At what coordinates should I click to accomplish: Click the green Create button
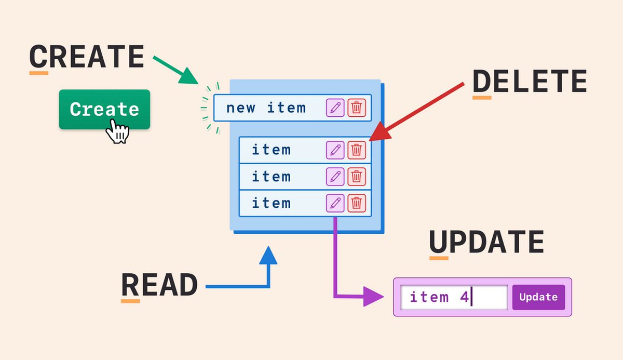104,109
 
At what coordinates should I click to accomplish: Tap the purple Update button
538,297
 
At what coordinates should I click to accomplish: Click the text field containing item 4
454,298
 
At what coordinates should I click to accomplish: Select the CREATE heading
86,57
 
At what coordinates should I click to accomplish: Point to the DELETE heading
529,82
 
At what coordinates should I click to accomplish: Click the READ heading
159,285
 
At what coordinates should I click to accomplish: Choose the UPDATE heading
486,242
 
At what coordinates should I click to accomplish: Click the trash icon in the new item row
357,108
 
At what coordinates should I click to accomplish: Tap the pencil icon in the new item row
335,108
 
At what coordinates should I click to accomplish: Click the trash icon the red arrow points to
357,150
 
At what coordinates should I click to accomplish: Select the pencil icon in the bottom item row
335,203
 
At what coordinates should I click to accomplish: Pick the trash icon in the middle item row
357,177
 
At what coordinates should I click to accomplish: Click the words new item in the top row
266,108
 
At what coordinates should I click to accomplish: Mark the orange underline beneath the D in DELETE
481,97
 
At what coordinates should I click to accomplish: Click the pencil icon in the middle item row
335,177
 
